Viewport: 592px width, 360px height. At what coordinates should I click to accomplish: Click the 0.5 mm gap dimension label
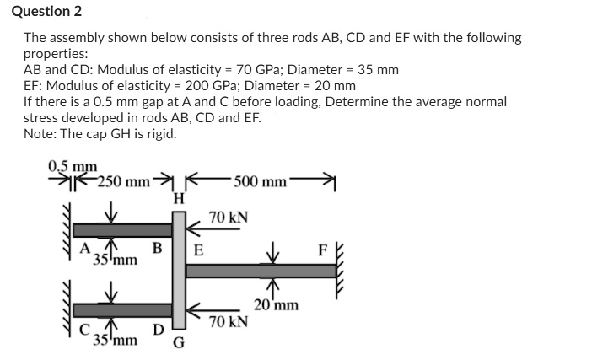[73, 166]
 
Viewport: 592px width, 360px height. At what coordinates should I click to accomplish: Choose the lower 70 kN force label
[228, 321]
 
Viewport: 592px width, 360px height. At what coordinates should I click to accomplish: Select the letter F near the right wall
[321, 250]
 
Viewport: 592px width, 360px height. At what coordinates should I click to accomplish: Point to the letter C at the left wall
[84, 330]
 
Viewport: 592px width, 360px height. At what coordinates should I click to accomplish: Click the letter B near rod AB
[157, 248]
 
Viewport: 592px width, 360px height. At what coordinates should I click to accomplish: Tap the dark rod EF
[261, 271]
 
